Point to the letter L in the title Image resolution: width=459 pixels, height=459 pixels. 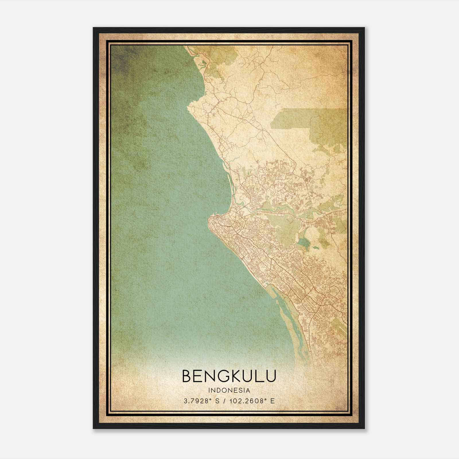[259, 376]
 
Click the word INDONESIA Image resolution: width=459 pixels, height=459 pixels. [229, 390]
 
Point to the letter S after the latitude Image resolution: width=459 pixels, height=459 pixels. [217, 401]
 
